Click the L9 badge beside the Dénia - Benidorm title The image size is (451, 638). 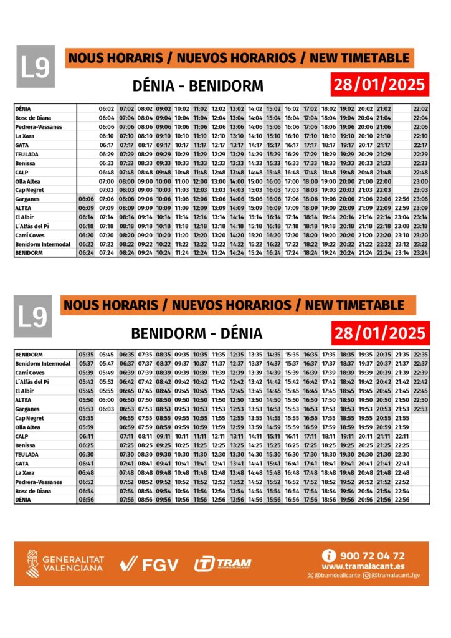[x=36, y=67]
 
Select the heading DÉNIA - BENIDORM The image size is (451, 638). [x=199, y=85]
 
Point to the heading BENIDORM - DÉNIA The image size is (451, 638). [x=197, y=333]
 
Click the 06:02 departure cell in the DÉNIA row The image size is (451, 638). [x=107, y=109]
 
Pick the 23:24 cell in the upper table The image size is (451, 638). [x=420, y=253]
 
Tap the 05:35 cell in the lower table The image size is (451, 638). [x=87, y=355]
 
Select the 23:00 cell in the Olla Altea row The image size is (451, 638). [x=420, y=181]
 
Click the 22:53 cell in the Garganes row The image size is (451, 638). [x=420, y=409]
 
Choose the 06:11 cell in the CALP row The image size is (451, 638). [x=87, y=436]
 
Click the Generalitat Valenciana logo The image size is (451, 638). [x=65, y=564]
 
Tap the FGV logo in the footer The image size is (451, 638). [x=150, y=564]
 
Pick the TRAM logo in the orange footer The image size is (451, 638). [x=223, y=564]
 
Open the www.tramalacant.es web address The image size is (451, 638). [x=363, y=566]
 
